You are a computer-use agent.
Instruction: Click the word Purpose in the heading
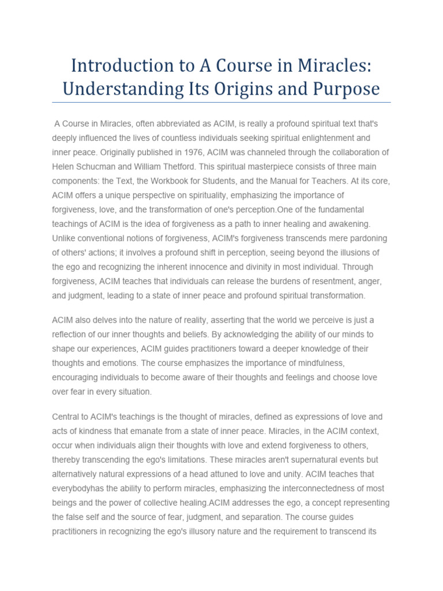click(x=347, y=89)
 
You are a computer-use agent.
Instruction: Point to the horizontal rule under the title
click(x=221, y=102)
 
